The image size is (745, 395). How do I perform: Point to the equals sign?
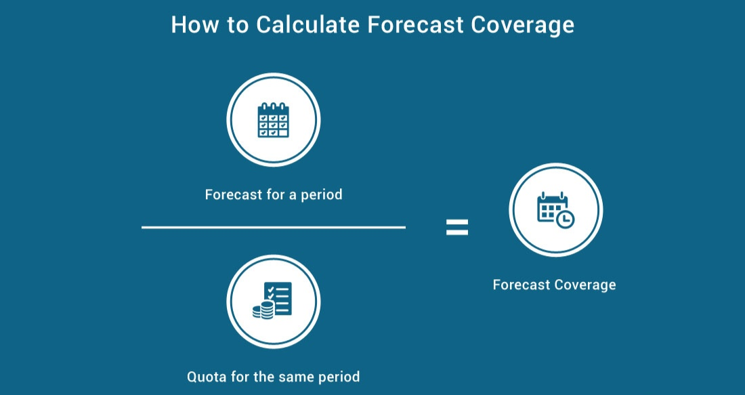pyautogui.click(x=456, y=228)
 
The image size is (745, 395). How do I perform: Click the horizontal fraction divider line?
pyautogui.click(x=274, y=228)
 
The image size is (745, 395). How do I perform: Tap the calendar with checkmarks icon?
pyautogui.click(x=273, y=121)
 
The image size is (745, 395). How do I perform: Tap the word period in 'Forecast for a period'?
pyautogui.click(x=320, y=195)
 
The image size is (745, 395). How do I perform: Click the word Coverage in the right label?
pyautogui.click(x=587, y=285)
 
